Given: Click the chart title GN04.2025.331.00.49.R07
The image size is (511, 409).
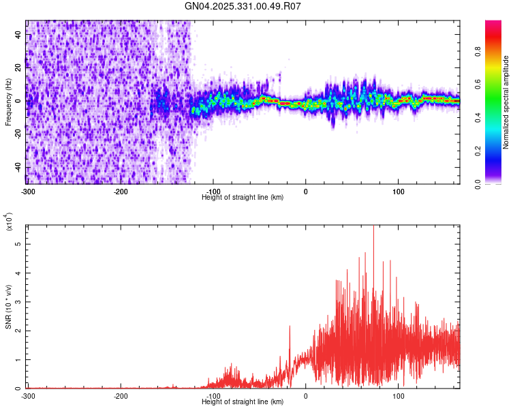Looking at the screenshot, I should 243,7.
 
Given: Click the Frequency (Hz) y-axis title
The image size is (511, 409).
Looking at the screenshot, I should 8,102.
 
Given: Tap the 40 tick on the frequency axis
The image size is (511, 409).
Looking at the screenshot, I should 19,35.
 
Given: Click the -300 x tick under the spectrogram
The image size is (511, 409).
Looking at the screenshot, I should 28,191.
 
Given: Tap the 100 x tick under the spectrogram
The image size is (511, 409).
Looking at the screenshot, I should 398,191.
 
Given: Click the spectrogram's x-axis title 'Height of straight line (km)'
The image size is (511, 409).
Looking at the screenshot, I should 243,197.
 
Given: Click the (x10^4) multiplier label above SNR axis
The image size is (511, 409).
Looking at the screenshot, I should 9,222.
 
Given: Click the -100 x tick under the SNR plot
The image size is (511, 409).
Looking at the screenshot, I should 213,395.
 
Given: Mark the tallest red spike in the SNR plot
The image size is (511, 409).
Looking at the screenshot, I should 373,227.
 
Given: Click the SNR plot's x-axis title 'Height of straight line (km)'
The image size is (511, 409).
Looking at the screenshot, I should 243,402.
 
